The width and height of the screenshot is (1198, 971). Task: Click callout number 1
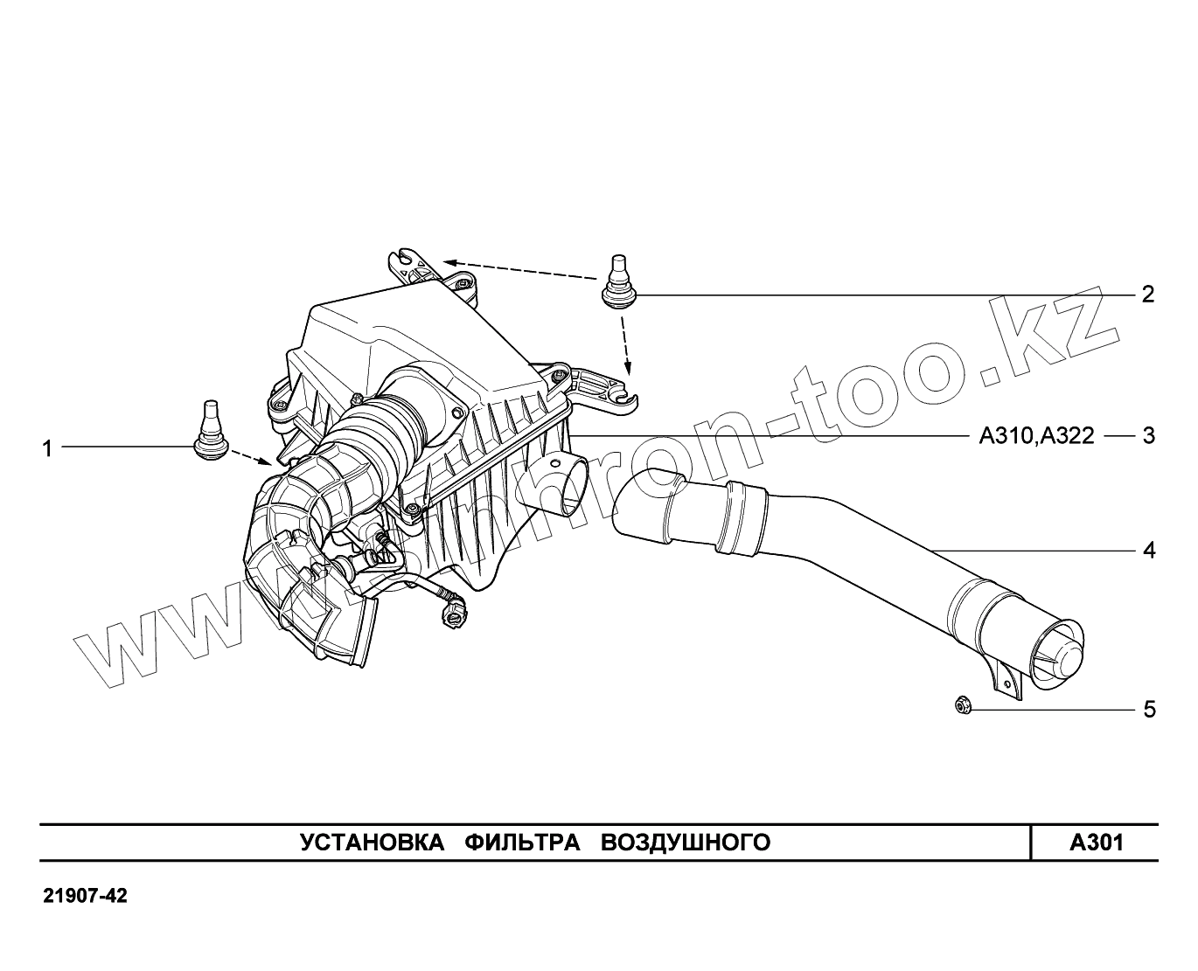[48, 448]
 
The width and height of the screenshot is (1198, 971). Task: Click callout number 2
[1148, 295]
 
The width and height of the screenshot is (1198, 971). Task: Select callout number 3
[1148, 435]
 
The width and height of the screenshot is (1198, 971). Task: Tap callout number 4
[1148, 551]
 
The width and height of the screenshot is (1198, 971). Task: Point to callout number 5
[1148, 709]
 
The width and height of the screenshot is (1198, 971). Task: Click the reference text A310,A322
[1036, 435]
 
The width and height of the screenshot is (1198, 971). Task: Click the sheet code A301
[1097, 843]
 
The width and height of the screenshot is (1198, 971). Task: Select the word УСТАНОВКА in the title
[366, 843]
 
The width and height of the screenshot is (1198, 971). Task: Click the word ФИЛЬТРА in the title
[522, 843]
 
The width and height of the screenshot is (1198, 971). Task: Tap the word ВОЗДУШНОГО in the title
[686, 843]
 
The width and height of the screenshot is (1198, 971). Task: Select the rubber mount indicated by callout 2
[619, 281]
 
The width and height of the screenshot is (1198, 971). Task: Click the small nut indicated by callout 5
[962, 704]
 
